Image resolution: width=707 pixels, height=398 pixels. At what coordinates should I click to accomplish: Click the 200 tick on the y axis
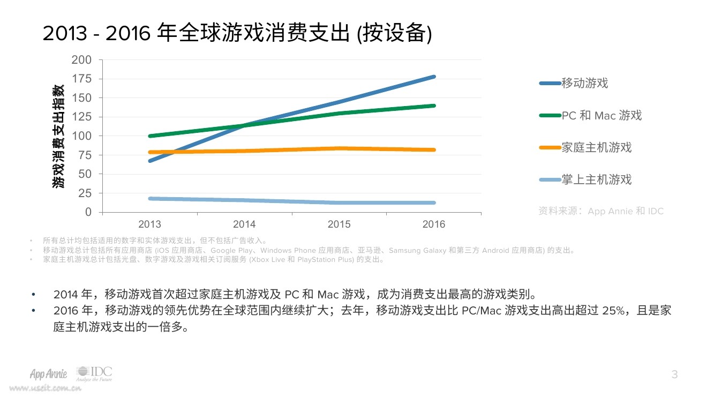click(x=81, y=60)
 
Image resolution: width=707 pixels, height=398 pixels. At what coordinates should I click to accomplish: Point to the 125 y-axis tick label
click(x=81, y=117)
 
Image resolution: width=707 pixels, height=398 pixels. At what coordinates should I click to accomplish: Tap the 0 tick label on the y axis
click(x=88, y=212)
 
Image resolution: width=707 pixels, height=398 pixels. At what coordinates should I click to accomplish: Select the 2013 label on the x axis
click(x=149, y=224)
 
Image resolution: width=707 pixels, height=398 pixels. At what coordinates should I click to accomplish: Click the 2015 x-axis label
click(x=339, y=224)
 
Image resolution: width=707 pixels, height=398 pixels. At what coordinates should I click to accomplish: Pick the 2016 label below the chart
click(x=433, y=224)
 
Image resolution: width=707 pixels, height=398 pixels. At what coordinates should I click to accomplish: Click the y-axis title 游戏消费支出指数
click(x=58, y=136)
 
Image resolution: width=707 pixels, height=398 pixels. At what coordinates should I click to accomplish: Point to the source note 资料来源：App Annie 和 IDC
click(x=600, y=211)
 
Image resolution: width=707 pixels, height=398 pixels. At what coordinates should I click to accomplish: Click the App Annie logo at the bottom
click(x=49, y=373)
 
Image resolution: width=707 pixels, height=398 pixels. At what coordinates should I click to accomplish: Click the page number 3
click(x=674, y=374)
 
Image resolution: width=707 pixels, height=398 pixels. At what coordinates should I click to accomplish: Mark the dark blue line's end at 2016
click(x=433, y=77)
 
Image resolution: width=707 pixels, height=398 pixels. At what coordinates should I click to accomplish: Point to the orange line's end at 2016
click(x=433, y=150)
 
